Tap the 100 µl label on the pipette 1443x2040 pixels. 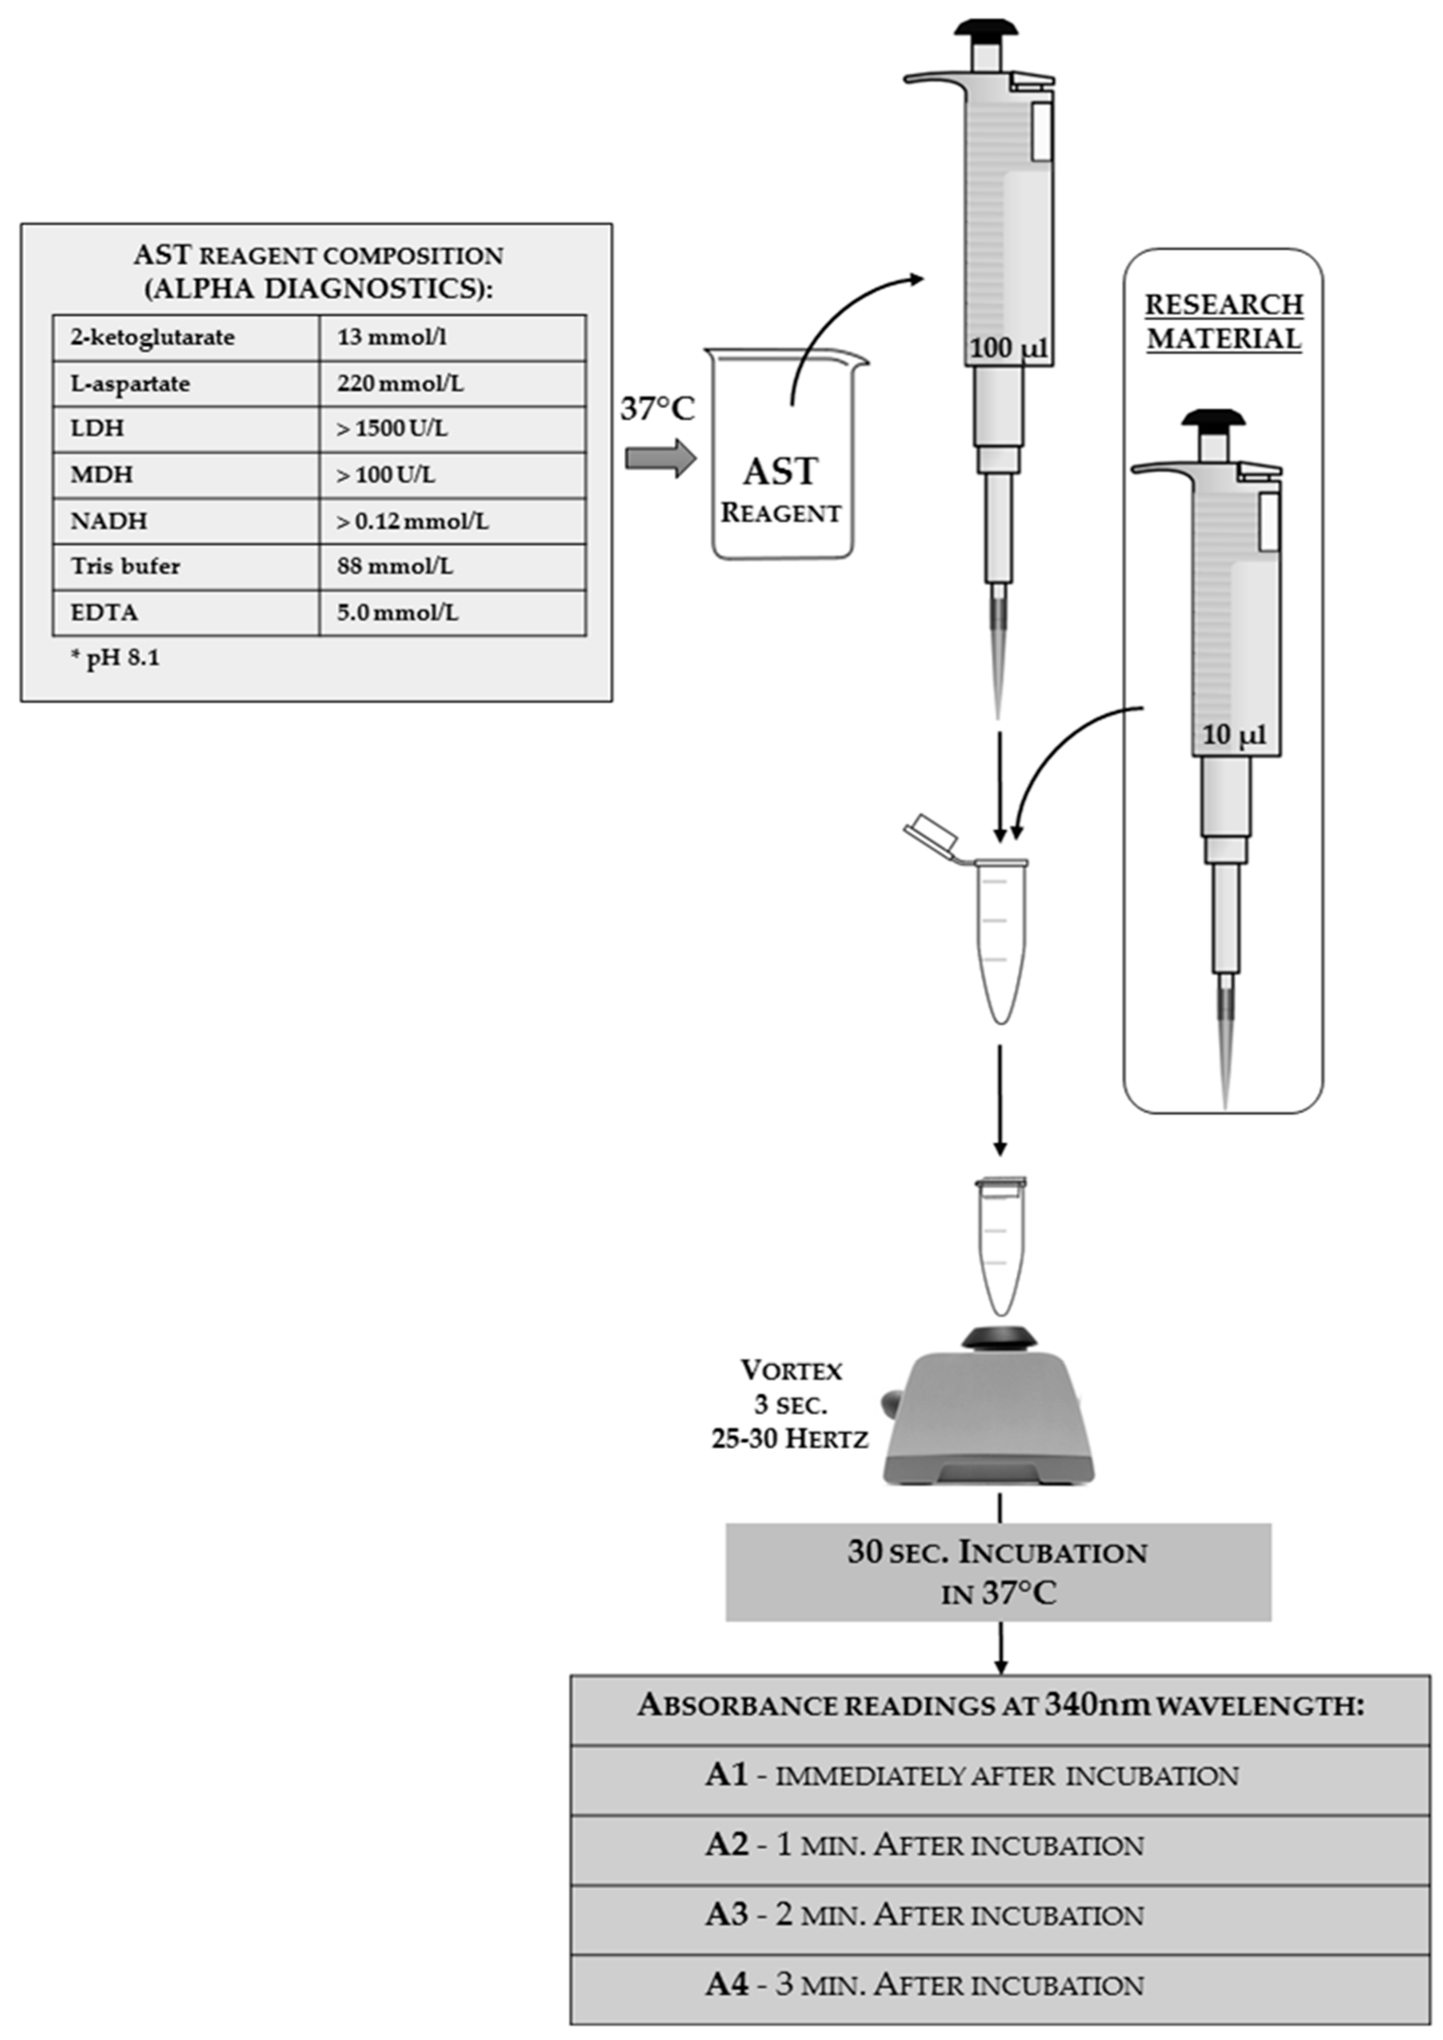click(x=1008, y=348)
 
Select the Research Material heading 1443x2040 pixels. click(x=1224, y=321)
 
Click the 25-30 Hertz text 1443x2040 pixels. click(x=789, y=1438)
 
